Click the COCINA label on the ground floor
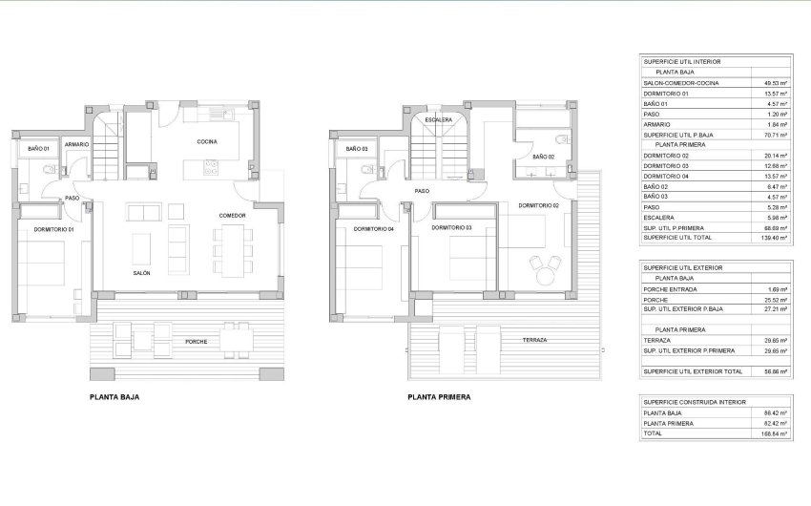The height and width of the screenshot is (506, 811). pyautogui.click(x=207, y=141)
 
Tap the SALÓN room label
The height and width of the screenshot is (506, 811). pyautogui.click(x=142, y=273)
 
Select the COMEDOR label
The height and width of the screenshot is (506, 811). pyautogui.click(x=232, y=216)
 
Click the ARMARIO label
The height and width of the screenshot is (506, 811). pyautogui.click(x=77, y=144)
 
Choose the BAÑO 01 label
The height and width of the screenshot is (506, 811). pyautogui.click(x=38, y=149)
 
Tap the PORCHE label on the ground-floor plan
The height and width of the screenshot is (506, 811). pyautogui.click(x=197, y=341)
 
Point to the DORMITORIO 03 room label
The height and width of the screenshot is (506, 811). pyautogui.click(x=451, y=227)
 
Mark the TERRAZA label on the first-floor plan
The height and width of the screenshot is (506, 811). pyautogui.click(x=534, y=340)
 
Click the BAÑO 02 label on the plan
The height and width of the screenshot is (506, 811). pyautogui.click(x=542, y=156)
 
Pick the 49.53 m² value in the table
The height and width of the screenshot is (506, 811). pyautogui.click(x=775, y=83)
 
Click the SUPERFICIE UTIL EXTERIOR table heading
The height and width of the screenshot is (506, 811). pyautogui.click(x=683, y=267)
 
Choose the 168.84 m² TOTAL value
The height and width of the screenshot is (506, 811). pyautogui.click(x=774, y=433)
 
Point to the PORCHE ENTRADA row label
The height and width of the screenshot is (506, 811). pyautogui.click(x=671, y=289)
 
